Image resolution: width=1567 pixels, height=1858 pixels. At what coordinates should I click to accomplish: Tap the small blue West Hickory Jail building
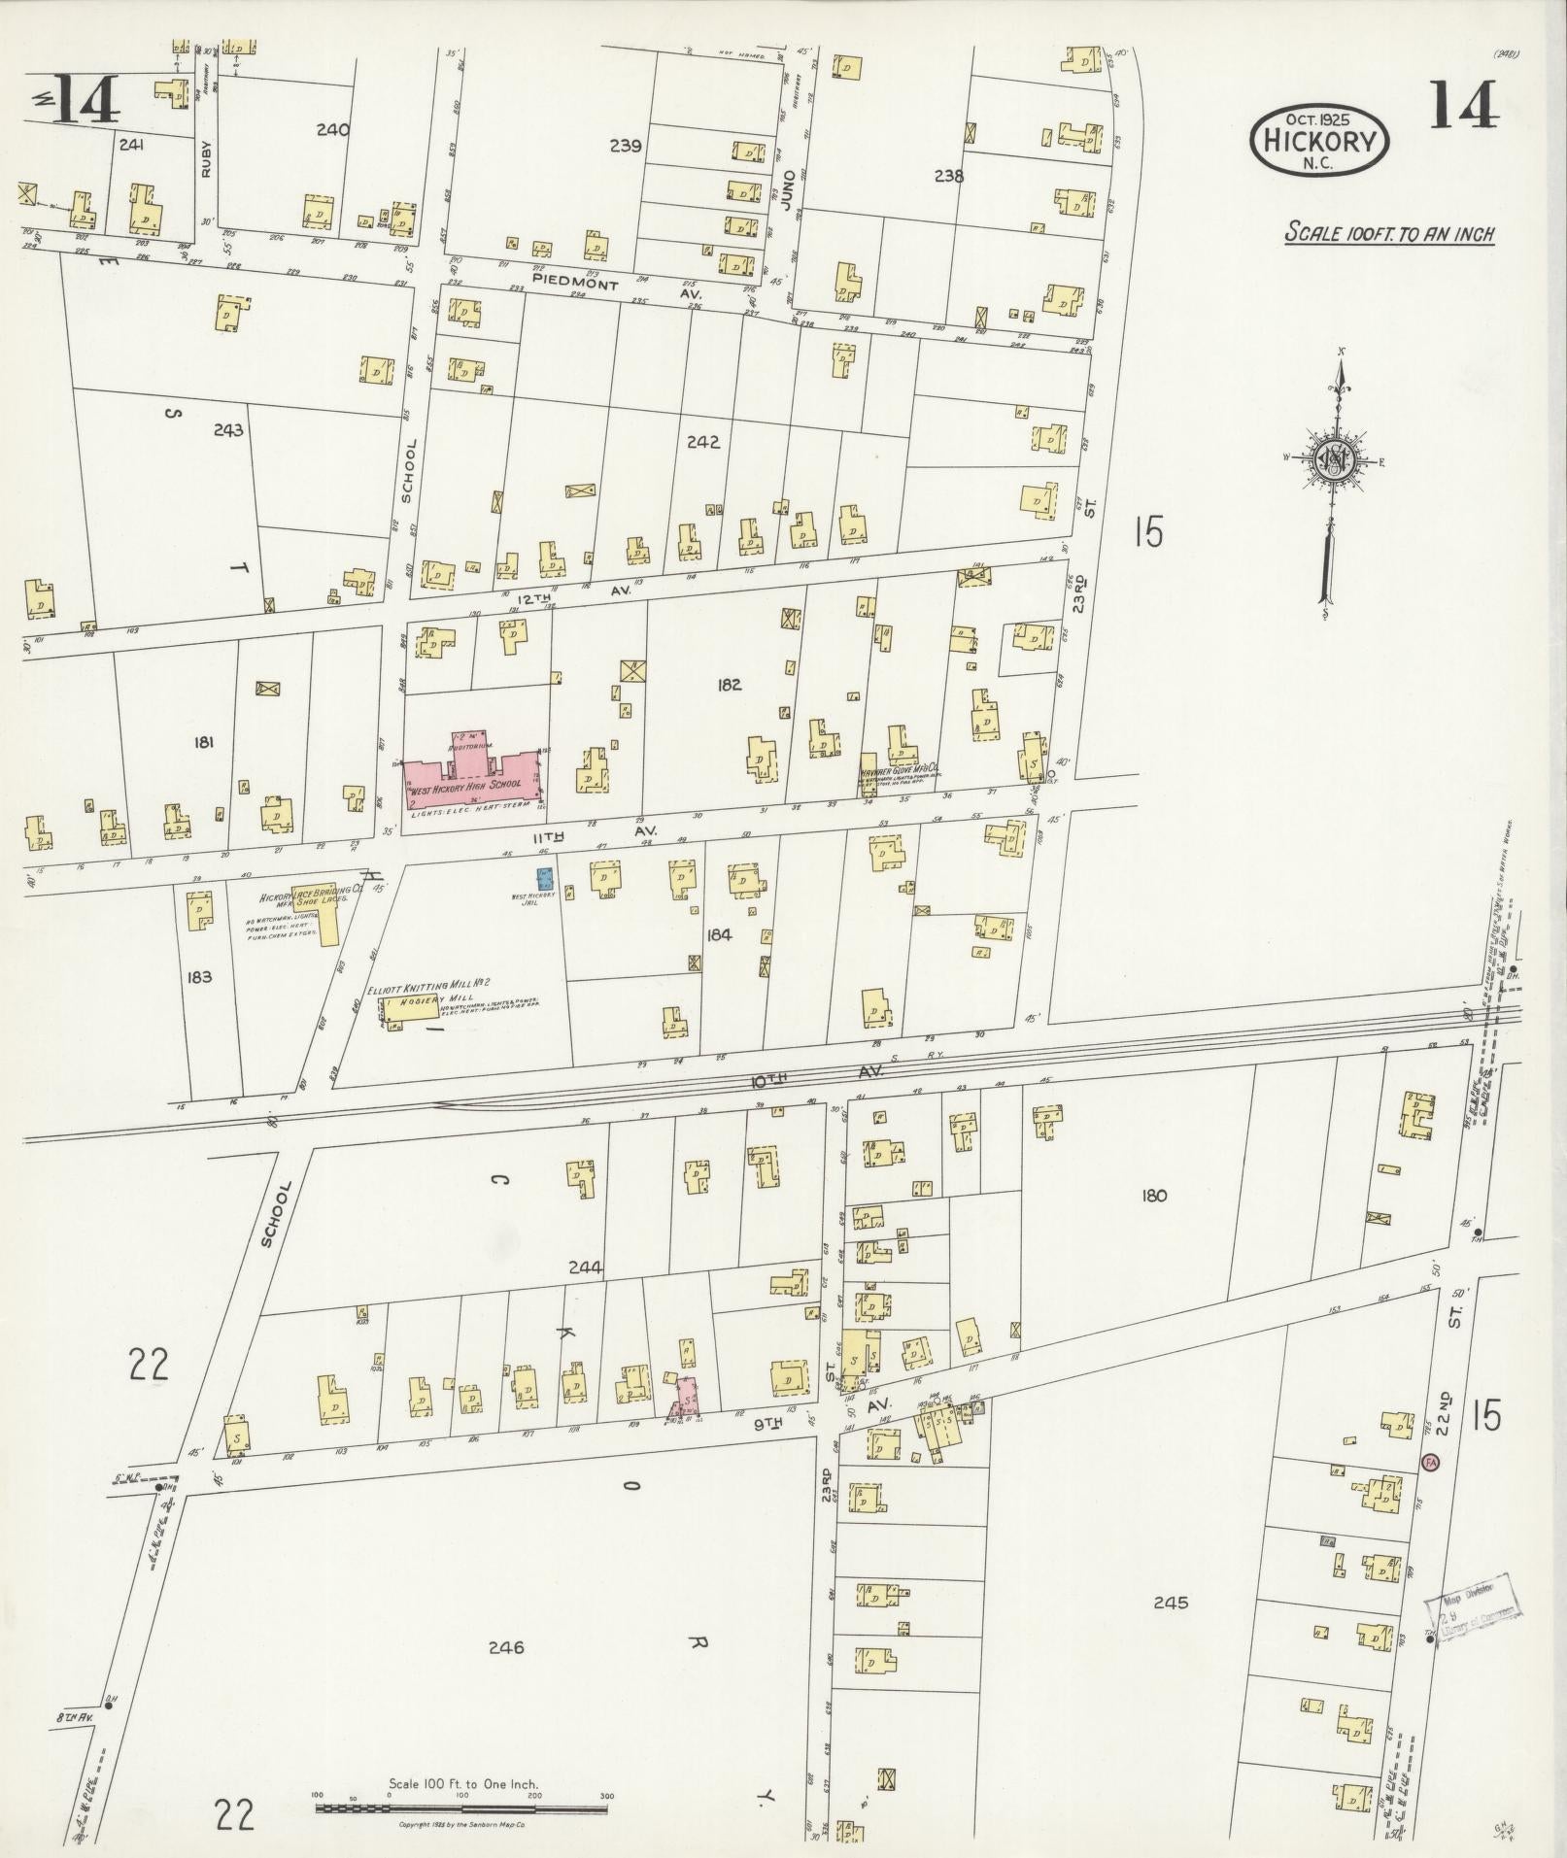click(545, 877)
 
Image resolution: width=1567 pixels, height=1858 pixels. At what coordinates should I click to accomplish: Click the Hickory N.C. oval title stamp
click(1320, 142)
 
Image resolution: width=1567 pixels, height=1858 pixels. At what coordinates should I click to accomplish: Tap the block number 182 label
click(729, 685)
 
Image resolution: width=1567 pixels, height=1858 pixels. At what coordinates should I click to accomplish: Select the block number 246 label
click(506, 1647)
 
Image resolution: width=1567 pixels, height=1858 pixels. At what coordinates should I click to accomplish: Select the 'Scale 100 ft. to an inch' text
click(1389, 234)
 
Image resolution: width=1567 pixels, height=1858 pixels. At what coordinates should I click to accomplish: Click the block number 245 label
click(1171, 1603)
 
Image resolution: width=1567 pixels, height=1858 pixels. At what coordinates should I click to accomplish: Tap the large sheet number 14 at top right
click(1464, 105)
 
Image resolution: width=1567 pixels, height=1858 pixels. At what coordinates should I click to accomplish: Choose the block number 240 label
click(332, 129)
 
